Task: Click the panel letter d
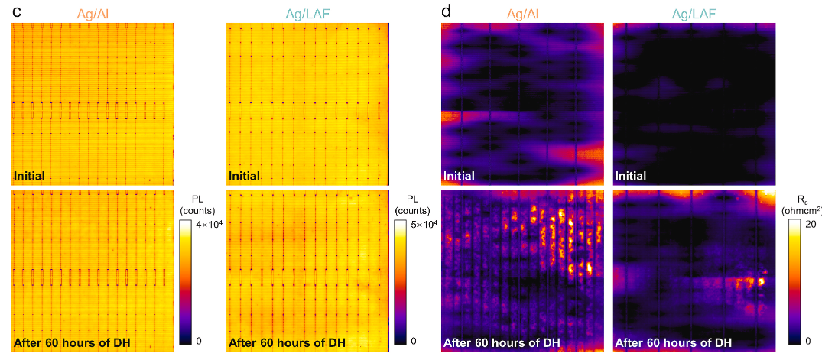447,11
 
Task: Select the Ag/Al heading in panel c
93,11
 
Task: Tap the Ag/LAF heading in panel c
308,11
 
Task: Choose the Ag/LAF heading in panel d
693,11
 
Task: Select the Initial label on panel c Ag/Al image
28,176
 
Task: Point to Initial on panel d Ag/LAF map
631,176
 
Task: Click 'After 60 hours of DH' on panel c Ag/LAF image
287,342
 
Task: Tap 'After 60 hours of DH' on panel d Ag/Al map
502,342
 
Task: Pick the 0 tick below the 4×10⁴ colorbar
199,340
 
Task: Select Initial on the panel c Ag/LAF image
244,176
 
